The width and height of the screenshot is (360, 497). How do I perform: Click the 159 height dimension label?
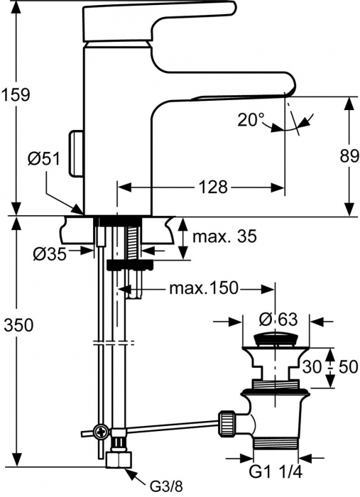pyautogui.click(x=16, y=94)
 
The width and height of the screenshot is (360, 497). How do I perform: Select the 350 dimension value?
pyautogui.click(x=16, y=325)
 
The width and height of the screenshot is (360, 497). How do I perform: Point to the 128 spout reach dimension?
pyautogui.click(x=212, y=187)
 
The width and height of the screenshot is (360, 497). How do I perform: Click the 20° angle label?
pyautogui.click(x=251, y=120)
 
